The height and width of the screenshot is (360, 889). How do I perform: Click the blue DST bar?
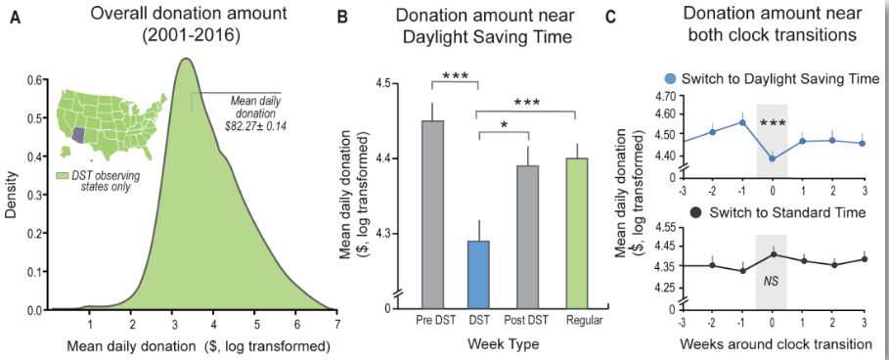pyautogui.click(x=478, y=274)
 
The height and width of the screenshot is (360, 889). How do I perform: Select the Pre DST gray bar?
pyautogui.click(x=432, y=214)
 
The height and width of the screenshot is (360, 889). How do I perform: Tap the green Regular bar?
pyautogui.click(x=576, y=234)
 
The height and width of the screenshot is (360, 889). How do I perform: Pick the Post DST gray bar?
pyautogui.click(x=527, y=237)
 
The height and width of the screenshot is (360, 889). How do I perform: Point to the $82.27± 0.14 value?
pyautogui.click(x=255, y=124)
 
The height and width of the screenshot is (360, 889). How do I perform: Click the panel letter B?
pyautogui.click(x=342, y=19)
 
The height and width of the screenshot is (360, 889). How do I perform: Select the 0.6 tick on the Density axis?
pyautogui.click(x=34, y=80)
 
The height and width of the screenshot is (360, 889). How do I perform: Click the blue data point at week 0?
pyautogui.click(x=772, y=158)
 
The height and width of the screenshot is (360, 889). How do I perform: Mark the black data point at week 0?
pyautogui.click(x=772, y=254)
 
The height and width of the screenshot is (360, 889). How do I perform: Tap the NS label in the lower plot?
pyautogui.click(x=771, y=280)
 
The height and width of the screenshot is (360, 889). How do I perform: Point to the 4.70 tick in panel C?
pyautogui.click(x=666, y=97)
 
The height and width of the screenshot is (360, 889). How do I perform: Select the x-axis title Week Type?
pyautogui.click(x=504, y=344)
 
